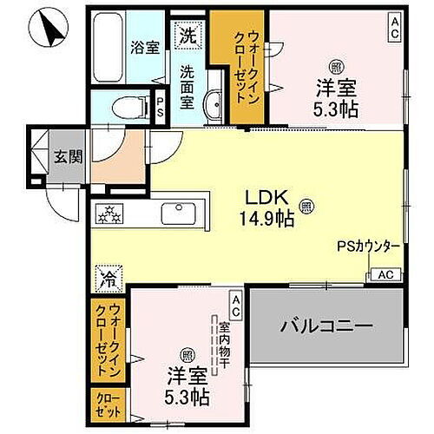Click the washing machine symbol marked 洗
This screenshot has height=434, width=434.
[x=188, y=36]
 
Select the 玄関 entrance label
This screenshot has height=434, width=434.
[x=68, y=156]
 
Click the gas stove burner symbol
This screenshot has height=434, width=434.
[x=111, y=213]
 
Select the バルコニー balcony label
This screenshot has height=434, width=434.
[x=326, y=326]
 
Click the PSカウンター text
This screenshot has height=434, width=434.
[x=368, y=247]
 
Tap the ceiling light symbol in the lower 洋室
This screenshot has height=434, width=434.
[x=187, y=356]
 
